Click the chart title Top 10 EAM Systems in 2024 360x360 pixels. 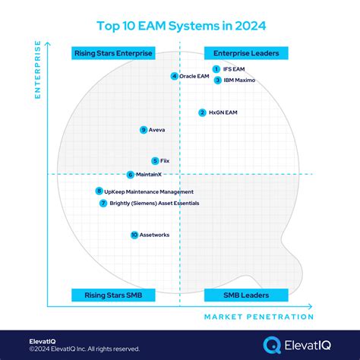[180, 25]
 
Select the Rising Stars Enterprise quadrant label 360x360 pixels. [113, 53]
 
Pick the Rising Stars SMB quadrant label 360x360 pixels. [113, 295]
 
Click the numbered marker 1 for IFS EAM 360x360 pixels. [216, 69]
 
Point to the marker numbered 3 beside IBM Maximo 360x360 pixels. [217, 80]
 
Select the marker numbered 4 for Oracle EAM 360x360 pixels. [175, 76]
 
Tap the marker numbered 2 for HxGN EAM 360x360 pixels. [202, 112]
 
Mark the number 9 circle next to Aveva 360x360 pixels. [144, 130]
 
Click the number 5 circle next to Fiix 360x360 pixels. [155, 160]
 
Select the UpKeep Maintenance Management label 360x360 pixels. [149, 191]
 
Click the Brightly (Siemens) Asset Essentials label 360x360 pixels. [154, 204]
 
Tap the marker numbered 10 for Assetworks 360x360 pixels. [134, 235]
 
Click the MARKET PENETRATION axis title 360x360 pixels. [258, 317]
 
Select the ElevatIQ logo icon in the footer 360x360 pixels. [271, 344]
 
